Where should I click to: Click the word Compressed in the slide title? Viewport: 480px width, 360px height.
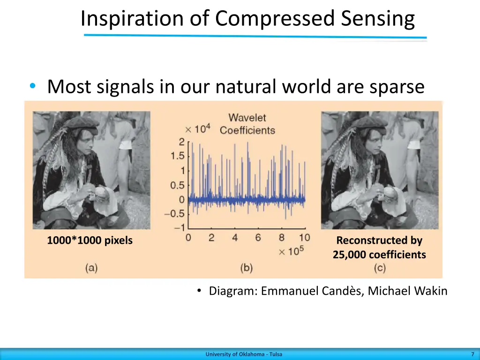click(276, 19)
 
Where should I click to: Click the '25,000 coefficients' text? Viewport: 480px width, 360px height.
click(379, 255)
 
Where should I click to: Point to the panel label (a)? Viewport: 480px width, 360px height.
click(91, 268)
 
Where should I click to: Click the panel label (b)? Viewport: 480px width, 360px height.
click(246, 268)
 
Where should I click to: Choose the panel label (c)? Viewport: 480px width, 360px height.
click(380, 268)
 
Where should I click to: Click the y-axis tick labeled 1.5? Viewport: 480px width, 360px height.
click(178, 156)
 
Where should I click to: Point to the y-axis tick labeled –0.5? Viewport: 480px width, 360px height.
click(176, 214)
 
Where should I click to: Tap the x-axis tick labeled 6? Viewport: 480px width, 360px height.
click(258, 238)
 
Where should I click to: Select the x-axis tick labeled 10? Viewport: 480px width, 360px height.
click(304, 238)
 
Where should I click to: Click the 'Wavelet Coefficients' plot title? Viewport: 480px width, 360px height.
click(247, 124)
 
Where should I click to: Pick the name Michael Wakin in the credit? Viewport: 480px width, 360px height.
click(407, 291)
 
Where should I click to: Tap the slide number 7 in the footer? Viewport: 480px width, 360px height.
click(472, 354)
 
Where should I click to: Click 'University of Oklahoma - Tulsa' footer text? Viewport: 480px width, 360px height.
click(244, 354)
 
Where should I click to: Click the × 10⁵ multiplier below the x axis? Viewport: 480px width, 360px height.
click(291, 251)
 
